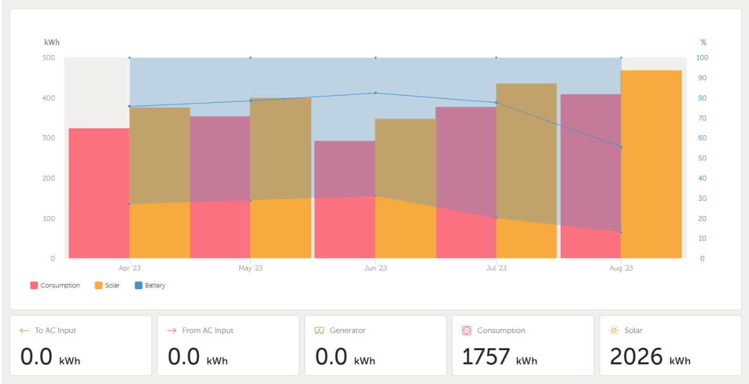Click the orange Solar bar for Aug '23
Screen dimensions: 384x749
(651, 164)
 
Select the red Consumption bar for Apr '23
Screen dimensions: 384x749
(99, 193)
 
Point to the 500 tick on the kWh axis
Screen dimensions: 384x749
(49, 58)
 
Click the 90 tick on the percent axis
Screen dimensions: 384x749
(702, 78)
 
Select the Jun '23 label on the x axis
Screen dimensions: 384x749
(375, 268)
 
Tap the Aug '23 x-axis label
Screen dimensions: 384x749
(621, 268)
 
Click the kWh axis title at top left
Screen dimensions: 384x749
(51, 42)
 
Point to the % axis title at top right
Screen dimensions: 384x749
(703, 42)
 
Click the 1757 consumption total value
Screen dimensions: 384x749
(486, 356)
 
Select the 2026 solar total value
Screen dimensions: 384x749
(636, 356)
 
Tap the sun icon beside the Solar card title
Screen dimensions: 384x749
(614, 331)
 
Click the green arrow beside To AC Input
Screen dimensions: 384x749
(24, 331)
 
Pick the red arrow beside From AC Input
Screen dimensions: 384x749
(171, 331)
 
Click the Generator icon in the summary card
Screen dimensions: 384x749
(319, 331)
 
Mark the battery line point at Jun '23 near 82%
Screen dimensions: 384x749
(375, 93)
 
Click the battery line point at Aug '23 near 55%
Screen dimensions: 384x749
(621, 147)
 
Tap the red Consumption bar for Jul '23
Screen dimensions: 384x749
(466, 181)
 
